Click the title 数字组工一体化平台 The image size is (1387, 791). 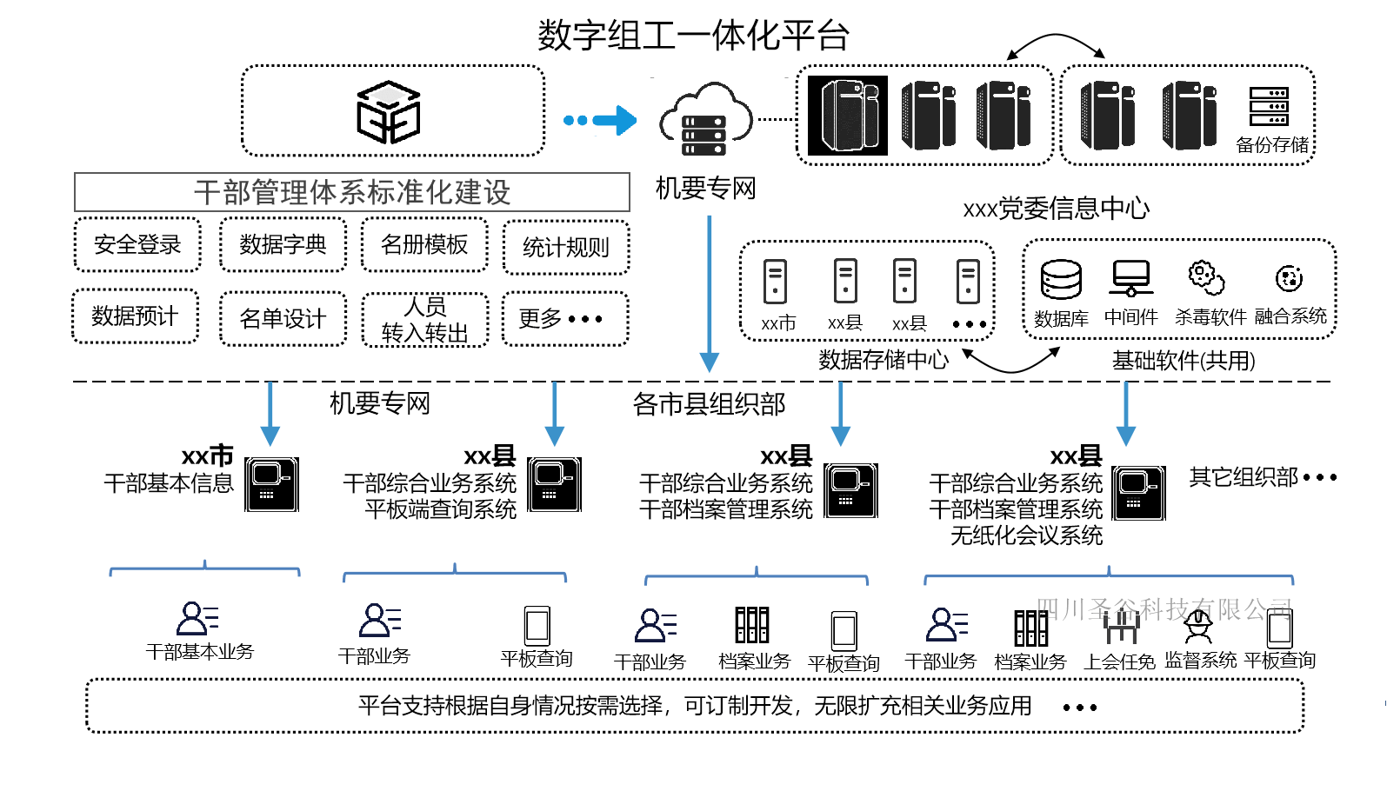(x=693, y=36)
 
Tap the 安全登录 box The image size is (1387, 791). (x=137, y=245)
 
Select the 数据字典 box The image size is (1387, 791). (x=283, y=245)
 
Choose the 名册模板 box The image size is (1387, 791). (x=424, y=245)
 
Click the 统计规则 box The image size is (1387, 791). (x=566, y=248)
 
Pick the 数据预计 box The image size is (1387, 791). (x=135, y=316)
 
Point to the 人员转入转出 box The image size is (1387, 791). (x=425, y=320)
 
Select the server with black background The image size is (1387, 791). (x=848, y=116)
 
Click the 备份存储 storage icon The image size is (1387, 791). (x=1269, y=107)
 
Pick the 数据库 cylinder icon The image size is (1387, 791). (x=1061, y=280)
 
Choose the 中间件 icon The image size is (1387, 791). (x=1130, y=279)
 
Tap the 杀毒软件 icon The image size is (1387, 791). (x=1206, y=278)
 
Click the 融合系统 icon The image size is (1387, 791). (x=1289, y=278)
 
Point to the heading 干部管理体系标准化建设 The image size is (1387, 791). (x=352, y=192)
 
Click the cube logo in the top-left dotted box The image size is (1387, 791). (x=389, y=112)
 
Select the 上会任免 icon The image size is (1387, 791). (x=1121, y=627)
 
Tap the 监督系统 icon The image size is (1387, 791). (x=1198, y=626)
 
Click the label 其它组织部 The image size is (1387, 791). (x=1244, y=477)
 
